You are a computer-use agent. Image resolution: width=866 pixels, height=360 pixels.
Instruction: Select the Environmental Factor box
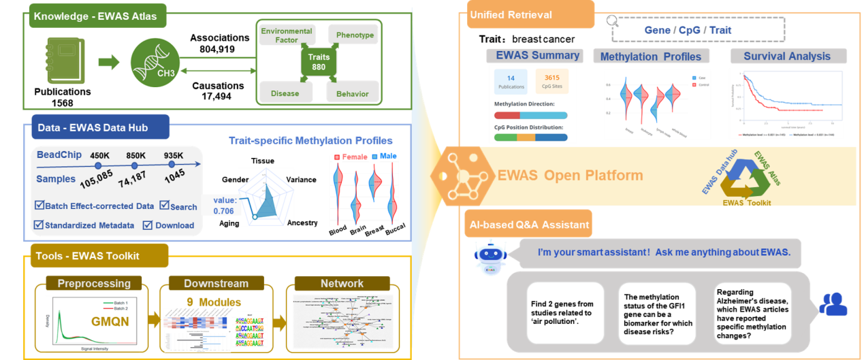287,35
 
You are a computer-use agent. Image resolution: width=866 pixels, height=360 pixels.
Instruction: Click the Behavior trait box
352,93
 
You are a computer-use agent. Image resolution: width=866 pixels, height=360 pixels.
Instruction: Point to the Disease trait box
285,93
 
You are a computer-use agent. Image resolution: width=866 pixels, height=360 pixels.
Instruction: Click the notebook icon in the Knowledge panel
63,63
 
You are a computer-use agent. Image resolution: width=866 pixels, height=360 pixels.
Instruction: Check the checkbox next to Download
148,225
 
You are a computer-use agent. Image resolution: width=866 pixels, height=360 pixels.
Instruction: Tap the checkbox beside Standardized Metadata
39,225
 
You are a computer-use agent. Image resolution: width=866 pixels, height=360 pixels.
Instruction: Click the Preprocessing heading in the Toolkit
94,283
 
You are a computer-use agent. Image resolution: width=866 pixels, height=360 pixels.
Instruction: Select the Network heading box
342,283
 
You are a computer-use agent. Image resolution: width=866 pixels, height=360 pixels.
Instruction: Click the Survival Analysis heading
787,56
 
